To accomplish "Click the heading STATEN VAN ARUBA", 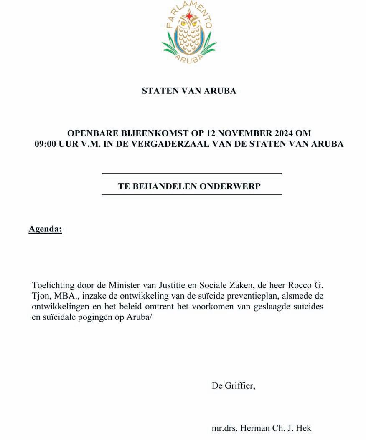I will [189, 91].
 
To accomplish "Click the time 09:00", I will [48, 144].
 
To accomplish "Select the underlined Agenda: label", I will [45, 229].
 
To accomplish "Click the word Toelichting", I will [52, 286].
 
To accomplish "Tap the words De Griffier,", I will [233, 386].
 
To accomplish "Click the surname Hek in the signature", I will [304, 428].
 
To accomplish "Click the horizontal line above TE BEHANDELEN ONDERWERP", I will [192, 173].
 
